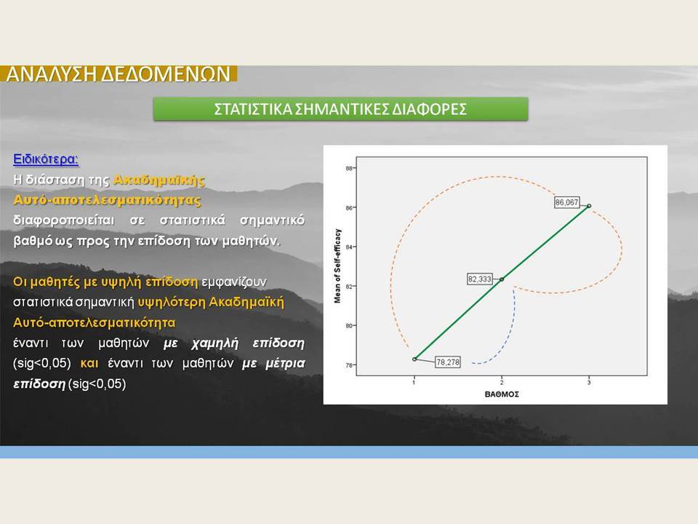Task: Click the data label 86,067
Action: (x=566, y=203)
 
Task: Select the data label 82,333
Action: (x=479, y=279)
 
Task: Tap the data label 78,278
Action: (x=447, y=362)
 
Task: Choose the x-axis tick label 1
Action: (x=414, y=382)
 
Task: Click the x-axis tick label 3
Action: (x=589, y=382)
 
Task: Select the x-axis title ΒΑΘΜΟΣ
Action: (x=502, y=394)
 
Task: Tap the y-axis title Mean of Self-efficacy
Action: (x=337, y=266)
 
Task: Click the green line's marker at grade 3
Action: (x=589, y=206)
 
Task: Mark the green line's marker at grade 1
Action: (x=414, y=359)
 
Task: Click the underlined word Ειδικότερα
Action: (x=46, y=159)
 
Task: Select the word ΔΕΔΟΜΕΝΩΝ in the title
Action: (x=166, y=74)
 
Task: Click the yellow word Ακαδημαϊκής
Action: (x=159, y=180)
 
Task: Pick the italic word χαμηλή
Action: (x=215, y=344)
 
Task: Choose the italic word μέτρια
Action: (x=285, y=364)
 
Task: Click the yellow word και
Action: (x=89, y=364)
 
